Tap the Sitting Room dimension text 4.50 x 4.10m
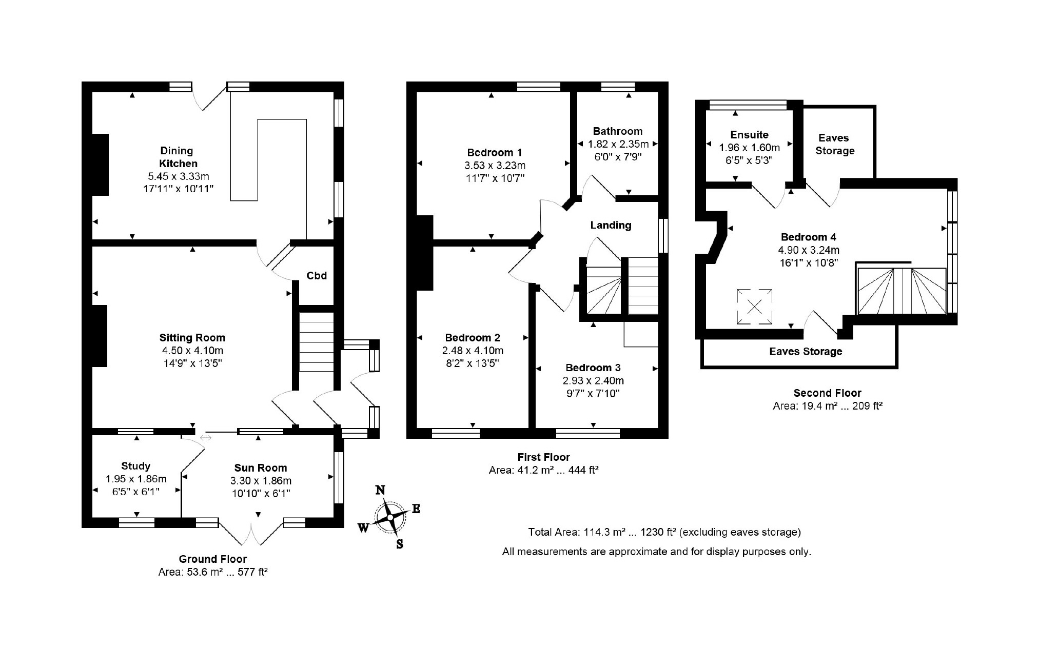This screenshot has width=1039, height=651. click(192, 351)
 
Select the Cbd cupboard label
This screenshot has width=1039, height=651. click(317, 276)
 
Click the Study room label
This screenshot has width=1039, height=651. click(136, 466)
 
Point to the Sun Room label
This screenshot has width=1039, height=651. click(261, 467)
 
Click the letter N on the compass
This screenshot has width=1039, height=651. click(380, 490)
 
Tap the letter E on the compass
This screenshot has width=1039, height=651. click(416, 508)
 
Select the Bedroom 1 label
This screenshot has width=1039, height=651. click(495, 152)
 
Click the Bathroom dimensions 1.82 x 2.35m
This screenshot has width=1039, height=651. click(618, 144)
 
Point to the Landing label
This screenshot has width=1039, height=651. click(611, 225)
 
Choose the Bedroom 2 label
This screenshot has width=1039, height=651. click(473, 338)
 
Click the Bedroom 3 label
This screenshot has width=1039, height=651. click(593, 368)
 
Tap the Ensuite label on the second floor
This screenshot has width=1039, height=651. click(750, 135)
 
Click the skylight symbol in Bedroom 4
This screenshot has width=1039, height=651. click(755, 307)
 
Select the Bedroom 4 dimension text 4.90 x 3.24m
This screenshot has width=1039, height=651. click(809, 250)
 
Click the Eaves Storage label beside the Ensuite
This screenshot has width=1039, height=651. click(835, 144)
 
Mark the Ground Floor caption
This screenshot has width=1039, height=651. click(213, 559)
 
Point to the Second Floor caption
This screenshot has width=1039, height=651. click(828, 393)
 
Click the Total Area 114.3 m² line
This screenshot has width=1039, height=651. click(664, 532)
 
